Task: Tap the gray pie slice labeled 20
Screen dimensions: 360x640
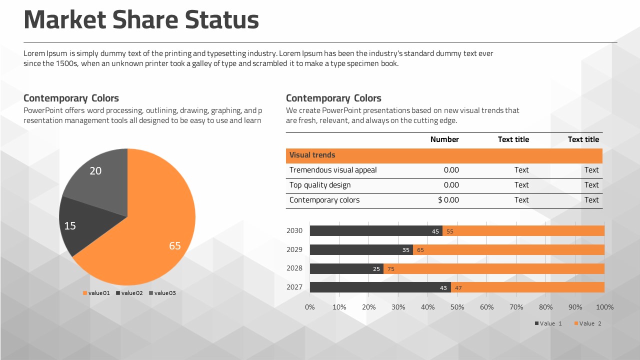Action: click(100, 175)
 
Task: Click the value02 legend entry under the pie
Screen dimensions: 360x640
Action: click(129, 293)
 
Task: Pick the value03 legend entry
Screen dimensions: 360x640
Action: click(162, 293)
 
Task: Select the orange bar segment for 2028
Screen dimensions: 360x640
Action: click(495, 269)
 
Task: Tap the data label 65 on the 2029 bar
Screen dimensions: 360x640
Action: click(420, 250)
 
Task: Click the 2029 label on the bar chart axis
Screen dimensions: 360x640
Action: click(294, 249)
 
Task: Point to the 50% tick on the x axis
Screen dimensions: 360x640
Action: click(457, 307)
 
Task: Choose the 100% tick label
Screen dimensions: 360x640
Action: click(605, 307)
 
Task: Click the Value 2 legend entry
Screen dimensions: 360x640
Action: click(588, 323)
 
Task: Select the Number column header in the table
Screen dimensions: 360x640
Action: click(444, 139)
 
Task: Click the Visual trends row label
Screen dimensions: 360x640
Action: click(312, 155)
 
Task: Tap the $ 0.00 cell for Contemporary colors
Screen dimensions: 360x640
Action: click(448, 200)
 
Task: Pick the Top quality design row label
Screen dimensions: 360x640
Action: click(320, 185)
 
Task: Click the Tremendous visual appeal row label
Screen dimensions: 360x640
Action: click(333, 170)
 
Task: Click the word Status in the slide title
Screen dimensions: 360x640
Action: click(222, 20)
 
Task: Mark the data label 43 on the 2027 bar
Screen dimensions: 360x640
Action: click(443, 288)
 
